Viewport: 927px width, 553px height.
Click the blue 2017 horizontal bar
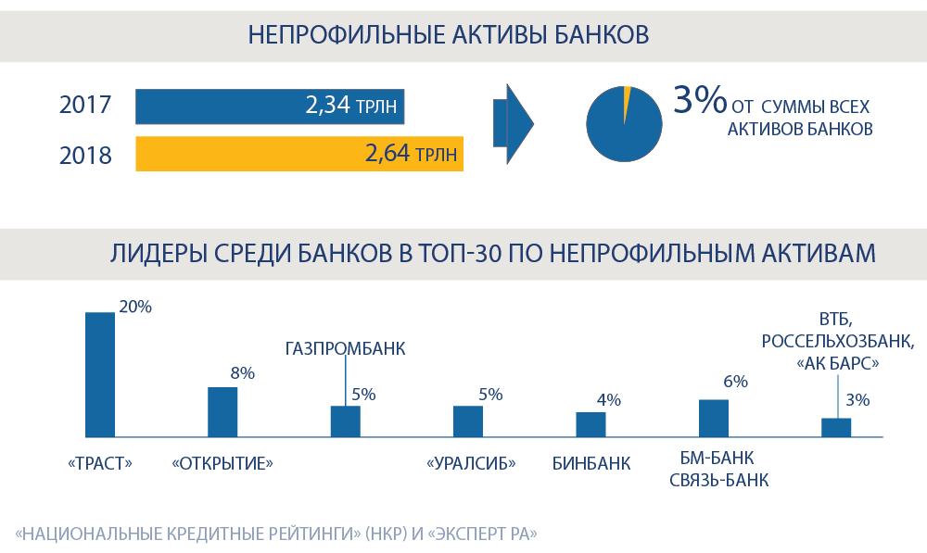[x=269, y=107]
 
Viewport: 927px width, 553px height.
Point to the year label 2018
[x=85, y=156]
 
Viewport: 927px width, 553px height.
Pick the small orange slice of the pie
[x=628, y=93]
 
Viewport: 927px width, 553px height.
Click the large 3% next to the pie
[x=700, y=100]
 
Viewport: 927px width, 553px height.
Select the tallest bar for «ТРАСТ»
[x=100, y=374]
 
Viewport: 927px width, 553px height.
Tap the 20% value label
[x=134, y=307]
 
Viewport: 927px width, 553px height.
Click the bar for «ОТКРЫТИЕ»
[x=222, y=412]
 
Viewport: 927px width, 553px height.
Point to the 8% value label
[x=242, y=373]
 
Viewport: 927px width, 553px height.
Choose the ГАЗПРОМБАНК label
[x=345, y=348]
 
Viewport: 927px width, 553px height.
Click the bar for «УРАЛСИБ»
[x=468, y=421]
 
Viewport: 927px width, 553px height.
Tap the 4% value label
[x=608, y=400]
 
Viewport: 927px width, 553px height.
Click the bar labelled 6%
[x=713, y=418]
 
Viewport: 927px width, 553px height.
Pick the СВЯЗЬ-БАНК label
[x=718, y=481]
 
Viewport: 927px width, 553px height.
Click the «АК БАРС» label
[x=837, y=364]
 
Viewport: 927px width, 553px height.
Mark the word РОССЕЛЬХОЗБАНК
[x=837, y=341]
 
